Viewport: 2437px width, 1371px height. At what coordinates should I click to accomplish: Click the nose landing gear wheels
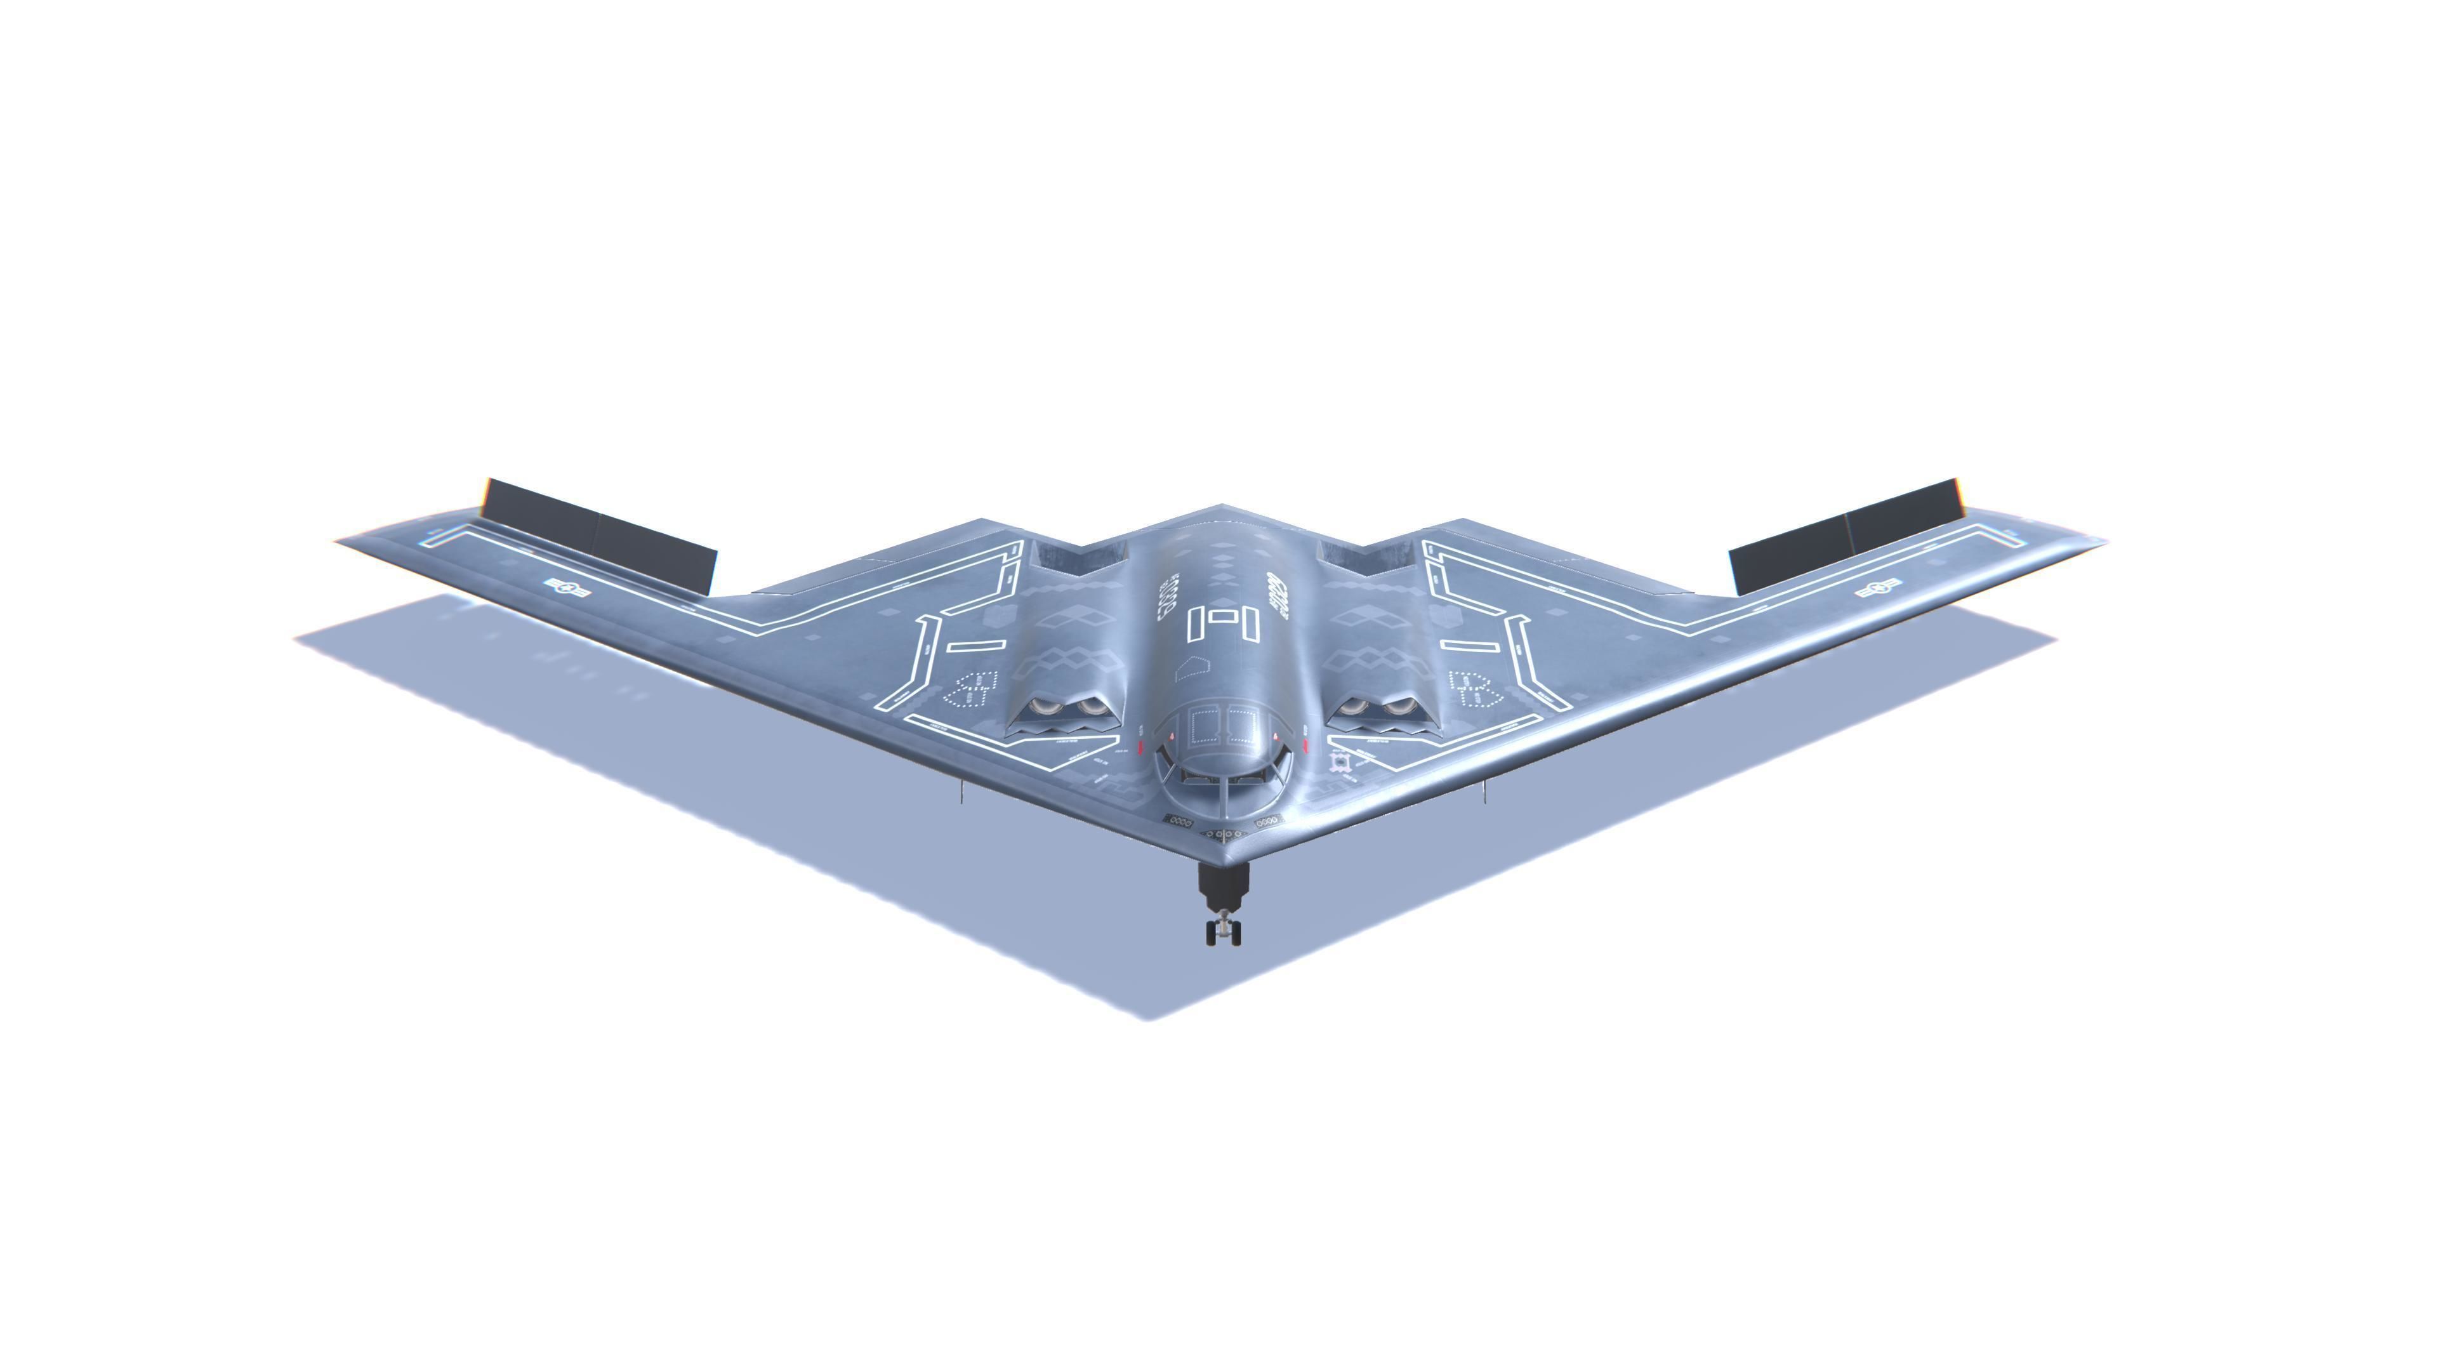(x=1223, y=931)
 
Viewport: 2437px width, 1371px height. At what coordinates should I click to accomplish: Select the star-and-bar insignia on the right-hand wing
(x=1878, y=588)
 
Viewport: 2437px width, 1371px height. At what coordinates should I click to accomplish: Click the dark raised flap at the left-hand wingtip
(x=599, y=536)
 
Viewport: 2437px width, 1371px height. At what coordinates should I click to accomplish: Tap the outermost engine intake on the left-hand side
(x=1045, y=708)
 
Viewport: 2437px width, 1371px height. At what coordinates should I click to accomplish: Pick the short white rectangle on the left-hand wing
(x=975, y=646)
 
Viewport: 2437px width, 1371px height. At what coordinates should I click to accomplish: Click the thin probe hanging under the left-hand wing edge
(x=961, y=792)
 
